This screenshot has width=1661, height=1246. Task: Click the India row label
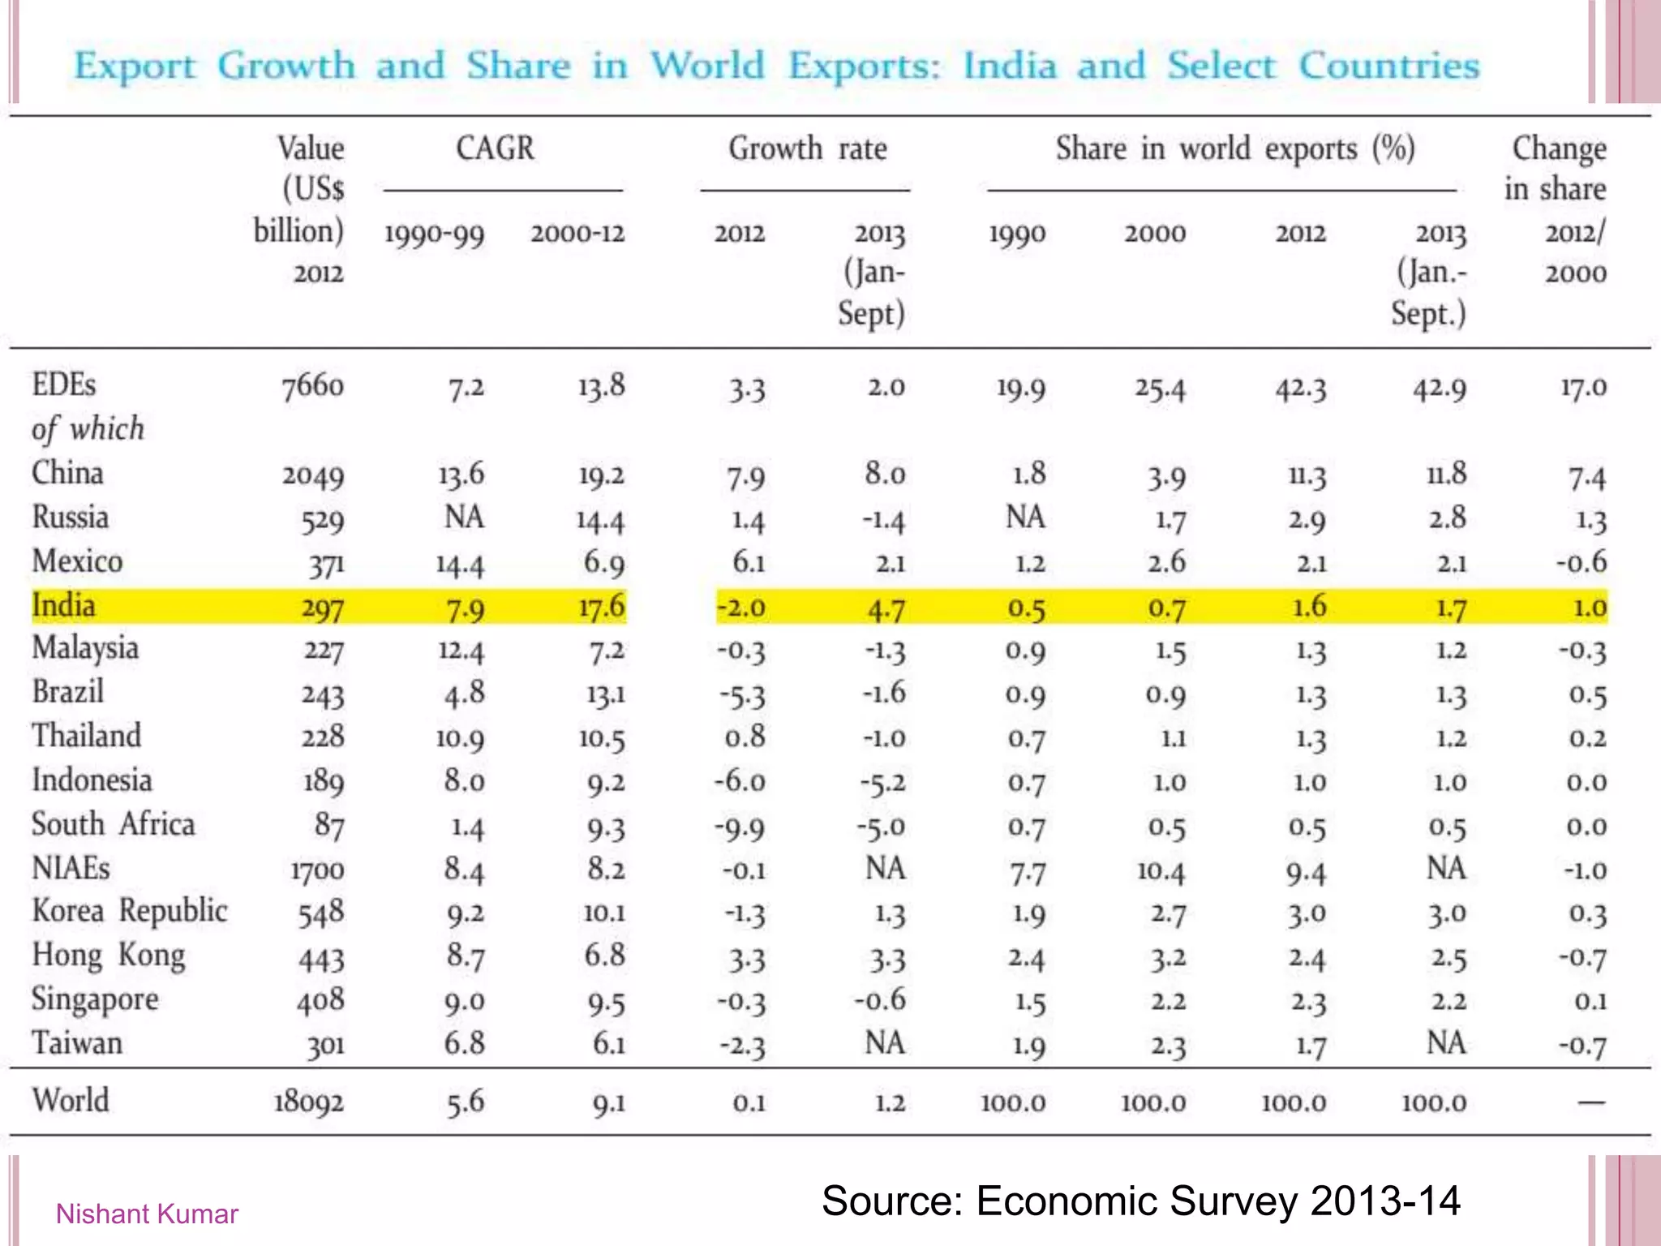coord(63,606)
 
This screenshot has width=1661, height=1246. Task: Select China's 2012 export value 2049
coord(313,475)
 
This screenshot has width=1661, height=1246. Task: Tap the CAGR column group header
coord(495,149)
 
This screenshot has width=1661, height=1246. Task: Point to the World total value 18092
coord(309,1102)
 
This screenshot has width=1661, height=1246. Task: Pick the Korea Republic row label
coord(130,911)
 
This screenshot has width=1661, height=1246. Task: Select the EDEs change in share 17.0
coord(1583,387)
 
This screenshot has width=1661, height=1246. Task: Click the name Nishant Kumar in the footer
coord(147,1214)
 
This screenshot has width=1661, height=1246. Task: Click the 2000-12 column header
coord(577,234)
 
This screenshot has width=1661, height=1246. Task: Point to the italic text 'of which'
coord(88,429)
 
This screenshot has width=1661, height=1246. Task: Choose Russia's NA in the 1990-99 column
coord(464,518)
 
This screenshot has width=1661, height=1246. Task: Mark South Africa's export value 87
coord(329,826)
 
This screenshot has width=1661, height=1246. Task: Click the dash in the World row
coord(1590,1102)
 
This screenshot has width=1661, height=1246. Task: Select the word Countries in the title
coord(1388,66)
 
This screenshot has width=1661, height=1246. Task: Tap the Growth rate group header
coord(807,149)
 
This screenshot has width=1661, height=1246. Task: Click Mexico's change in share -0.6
coord(1582,562)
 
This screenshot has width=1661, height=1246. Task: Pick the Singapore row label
coord(95,999)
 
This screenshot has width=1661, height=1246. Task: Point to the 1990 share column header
coord(1017,234)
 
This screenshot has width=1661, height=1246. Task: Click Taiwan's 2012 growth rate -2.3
coord(741,1045)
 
